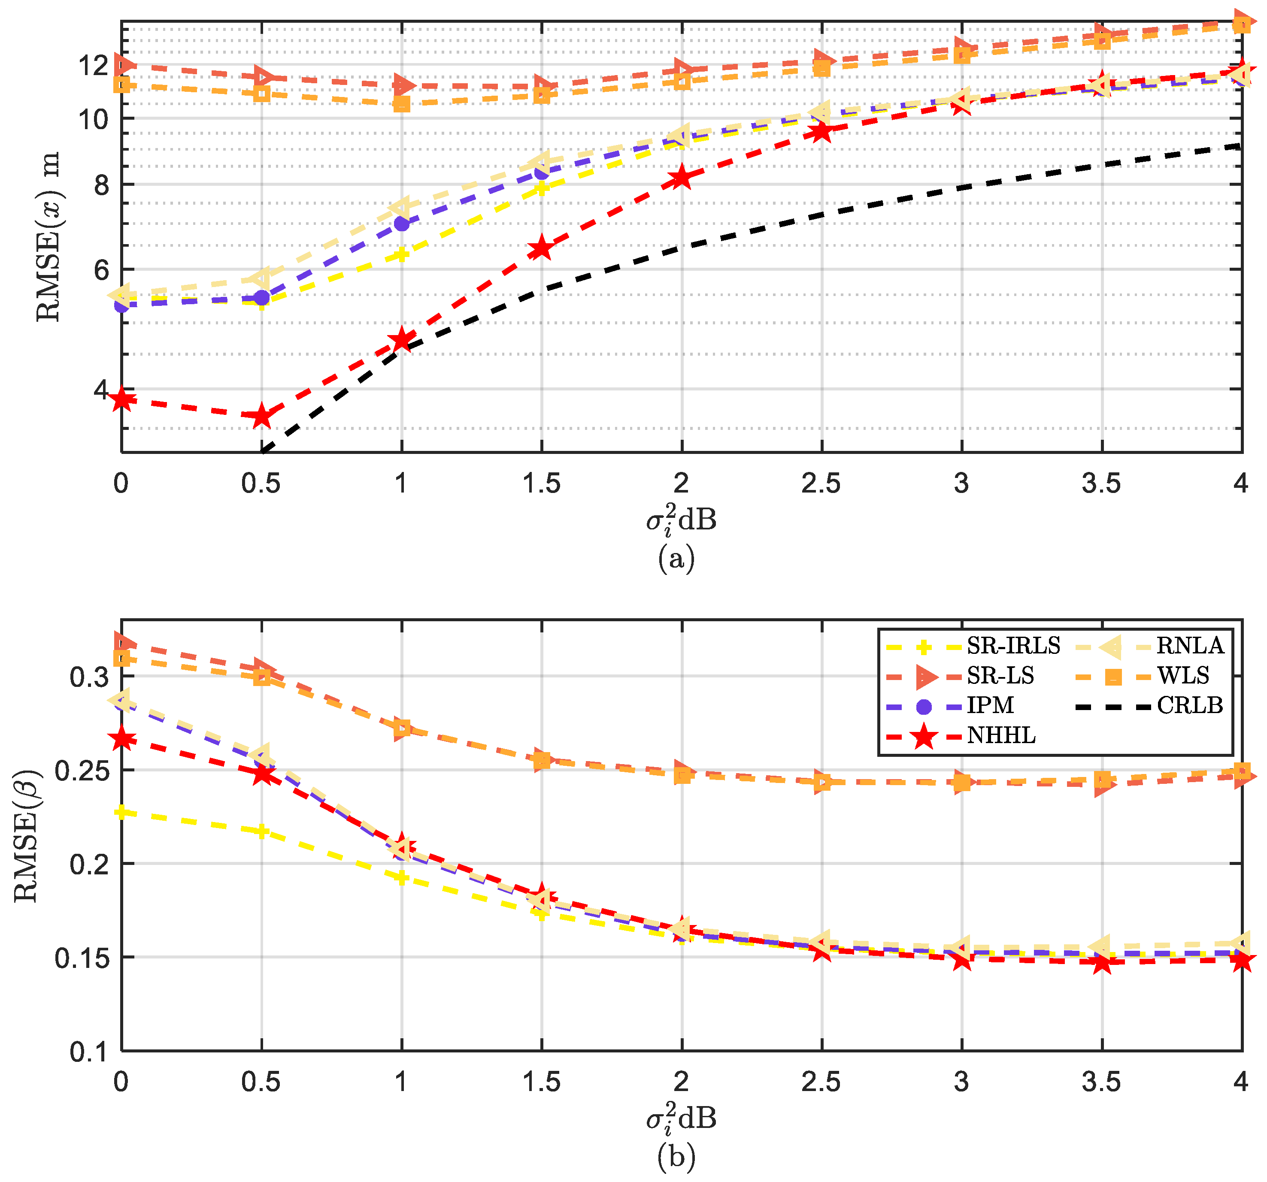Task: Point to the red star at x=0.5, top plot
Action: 261,416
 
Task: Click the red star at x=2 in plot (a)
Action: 682,177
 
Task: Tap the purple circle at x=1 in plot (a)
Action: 401,223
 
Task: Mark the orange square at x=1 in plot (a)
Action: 401,104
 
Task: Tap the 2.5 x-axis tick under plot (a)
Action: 821,484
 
